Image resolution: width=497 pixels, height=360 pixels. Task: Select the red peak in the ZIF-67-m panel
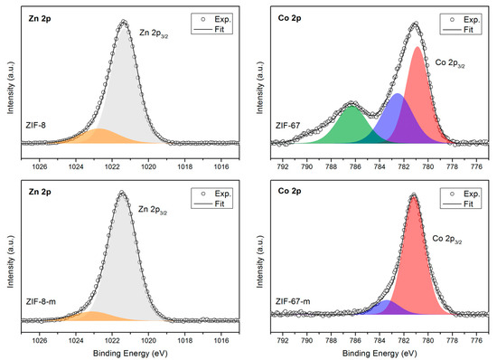tap(415, 271)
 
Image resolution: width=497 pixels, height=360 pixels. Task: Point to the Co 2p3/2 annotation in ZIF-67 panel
tap(453, 62)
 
